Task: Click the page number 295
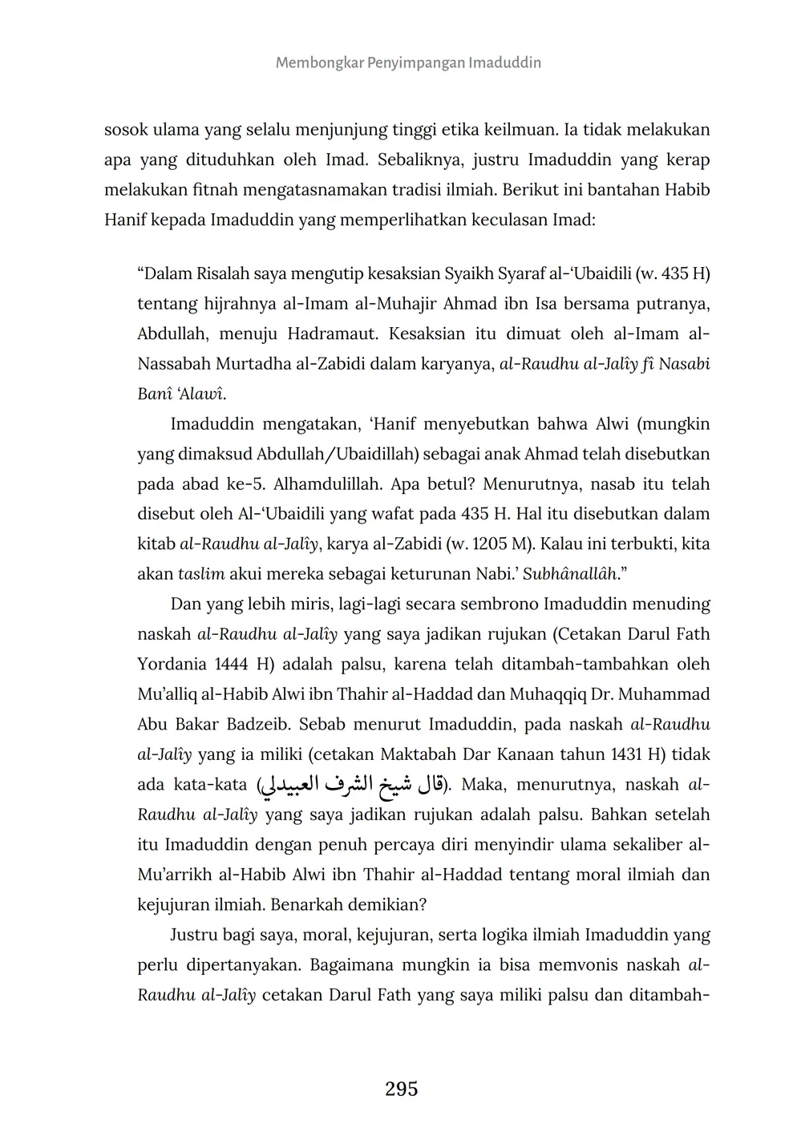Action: [402, 1089]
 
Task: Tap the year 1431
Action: [629, 754]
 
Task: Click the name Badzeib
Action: [253, 724]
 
